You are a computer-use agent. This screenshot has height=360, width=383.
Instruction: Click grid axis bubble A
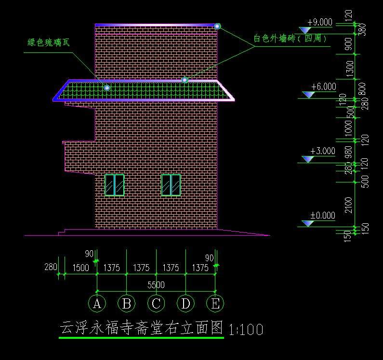(97, 303)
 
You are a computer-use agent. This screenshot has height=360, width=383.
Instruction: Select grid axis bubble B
(127, 303)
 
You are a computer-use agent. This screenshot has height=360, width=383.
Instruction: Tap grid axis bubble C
(156, 303)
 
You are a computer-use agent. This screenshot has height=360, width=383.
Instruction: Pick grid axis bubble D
(185, 303)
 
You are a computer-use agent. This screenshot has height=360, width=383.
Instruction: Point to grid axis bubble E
(215, 303)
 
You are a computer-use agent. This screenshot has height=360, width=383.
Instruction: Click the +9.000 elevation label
(319, 22)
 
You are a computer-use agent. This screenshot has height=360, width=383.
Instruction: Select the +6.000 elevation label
(323, 87)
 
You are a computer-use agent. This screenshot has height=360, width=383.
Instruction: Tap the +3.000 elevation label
(322, 151)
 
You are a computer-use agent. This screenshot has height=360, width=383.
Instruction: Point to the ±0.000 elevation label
(322, 216)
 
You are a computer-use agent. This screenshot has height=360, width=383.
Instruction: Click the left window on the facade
(115, 185)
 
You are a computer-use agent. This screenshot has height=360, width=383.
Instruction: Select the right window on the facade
(171, 185)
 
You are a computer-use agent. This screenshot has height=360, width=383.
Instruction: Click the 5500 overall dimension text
(156, 285)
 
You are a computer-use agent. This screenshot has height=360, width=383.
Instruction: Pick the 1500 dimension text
(80, 268)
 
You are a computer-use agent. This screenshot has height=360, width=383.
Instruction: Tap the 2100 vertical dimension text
(349, 205)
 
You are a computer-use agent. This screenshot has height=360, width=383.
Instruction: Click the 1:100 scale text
(246, 330)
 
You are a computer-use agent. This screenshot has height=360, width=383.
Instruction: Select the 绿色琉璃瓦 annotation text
(48, 42)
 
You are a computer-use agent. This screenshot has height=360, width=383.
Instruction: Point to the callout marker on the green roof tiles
(107, 88)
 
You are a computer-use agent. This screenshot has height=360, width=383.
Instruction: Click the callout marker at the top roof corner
(217, 26)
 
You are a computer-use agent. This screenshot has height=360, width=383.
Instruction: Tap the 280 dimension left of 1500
(50, 267)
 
